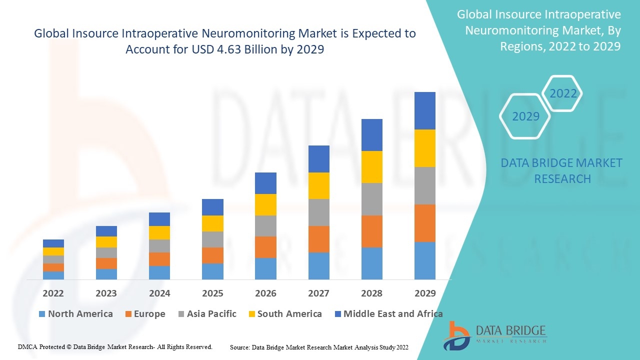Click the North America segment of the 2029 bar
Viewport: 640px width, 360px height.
pos(424,260)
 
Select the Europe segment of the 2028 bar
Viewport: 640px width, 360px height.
pos(371,231)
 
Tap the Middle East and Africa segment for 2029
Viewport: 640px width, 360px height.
pos(424,110)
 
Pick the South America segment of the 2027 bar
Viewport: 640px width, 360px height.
pos(318,185)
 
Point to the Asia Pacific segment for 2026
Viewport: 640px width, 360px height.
pos(265,226)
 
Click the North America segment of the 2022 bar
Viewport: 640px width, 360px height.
pos(53,275)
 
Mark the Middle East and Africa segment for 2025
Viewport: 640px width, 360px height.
pos(212,207)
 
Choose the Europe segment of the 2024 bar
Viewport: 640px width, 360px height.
pos(159,259)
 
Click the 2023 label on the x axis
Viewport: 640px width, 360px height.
pos(106,293)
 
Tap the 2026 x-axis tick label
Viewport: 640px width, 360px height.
pos(265,293)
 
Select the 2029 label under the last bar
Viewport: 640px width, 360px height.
pos(424,293)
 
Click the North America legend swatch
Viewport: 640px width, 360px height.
pos(42,314)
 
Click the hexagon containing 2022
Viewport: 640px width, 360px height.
pos(563,93)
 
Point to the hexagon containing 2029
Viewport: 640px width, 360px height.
pos(525,116)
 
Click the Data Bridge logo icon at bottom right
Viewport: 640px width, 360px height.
pos(457,335)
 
